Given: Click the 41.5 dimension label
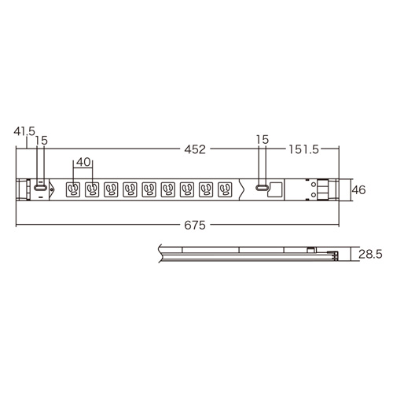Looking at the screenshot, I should click(24, 133).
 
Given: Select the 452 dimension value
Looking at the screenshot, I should click(196, 147).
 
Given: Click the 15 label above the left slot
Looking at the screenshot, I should click(42, 139).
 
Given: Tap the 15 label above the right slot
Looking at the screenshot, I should click(263, 139).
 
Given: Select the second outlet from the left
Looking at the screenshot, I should click(93, 189).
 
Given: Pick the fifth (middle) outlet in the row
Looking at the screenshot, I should click(149, 189).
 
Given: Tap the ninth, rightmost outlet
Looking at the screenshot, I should click(226, 189).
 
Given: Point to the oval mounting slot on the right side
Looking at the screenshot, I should click(262, 189).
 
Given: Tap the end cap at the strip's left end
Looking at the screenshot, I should click(21, 189).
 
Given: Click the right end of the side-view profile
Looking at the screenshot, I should click(333, 255).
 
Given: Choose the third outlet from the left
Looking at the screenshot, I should click(112, 189).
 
